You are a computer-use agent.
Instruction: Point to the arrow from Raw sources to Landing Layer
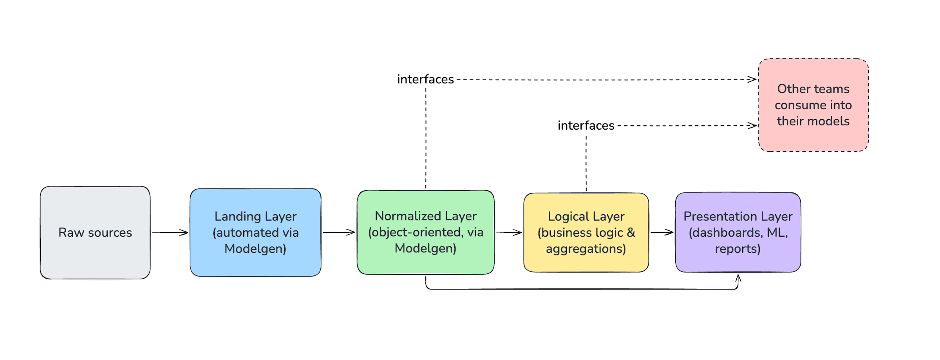[x=170, y=233]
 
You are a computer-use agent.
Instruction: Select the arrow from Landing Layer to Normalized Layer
[x=339, y=232]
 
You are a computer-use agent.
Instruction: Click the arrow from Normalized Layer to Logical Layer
[x=509, y=232]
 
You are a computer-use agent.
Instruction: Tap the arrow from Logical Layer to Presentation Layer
[x=662, y=232]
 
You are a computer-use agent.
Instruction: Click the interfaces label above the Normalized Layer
[x=425, y=80]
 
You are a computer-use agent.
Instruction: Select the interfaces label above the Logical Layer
[x=586, y=126]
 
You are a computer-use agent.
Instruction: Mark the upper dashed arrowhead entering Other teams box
[x=752, y=80]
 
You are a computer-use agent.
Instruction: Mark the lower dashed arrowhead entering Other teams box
[x=752, y=126]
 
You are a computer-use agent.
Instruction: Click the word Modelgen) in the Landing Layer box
[x=255, y=249]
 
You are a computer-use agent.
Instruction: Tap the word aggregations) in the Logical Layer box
[x=586, y=249]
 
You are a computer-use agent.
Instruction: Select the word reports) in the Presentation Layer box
[x=738, y=249]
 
